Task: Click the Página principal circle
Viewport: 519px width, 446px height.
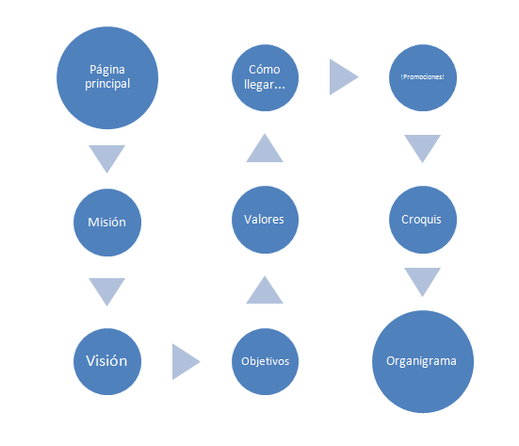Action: tap(107, 78)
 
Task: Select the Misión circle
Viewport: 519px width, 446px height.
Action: tap(107, 223)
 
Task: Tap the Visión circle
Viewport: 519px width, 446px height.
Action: tap(107, 361)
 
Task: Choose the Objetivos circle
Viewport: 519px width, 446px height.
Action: tap(265, 361)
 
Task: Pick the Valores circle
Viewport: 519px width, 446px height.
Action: tap(265, 220)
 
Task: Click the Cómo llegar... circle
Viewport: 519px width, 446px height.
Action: tap(265, 78)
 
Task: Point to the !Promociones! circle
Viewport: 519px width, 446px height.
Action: tap(423, 78)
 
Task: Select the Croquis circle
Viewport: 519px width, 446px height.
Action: tap(423, 220)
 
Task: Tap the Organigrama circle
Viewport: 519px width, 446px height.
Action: tap(423, 361)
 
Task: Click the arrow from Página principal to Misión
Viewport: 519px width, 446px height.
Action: tap(107, 157)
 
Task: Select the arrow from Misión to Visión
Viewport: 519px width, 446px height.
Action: tap(107, 290)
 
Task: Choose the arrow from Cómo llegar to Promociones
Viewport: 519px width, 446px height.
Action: tap(342, 77)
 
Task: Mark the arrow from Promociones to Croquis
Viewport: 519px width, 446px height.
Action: tap(422, 147)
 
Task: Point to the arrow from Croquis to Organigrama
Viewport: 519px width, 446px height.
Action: tap(422, 280)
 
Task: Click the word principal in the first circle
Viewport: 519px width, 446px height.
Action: tap(107, 84)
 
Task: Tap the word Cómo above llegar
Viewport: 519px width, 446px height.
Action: tap(265, 70)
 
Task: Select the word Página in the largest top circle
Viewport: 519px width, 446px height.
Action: tap(107, 70)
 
